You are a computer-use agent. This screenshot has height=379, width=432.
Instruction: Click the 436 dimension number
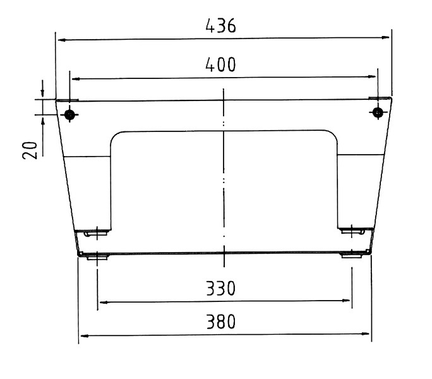(x=220, y=26)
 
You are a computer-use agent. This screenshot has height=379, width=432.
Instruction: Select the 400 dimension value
(x=220, y=65)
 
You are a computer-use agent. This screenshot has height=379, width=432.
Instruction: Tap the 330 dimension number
(x=220, y=288)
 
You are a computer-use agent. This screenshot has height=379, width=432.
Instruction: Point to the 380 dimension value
(x=221, y=322)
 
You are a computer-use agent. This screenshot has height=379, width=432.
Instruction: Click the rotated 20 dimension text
(x=30, y=150)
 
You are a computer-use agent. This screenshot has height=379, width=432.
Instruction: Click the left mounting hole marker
(x=69, y=114)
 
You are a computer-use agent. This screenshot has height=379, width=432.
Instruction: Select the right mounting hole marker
(x=378, y=112)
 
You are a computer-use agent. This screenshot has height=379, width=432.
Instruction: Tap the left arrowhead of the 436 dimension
(x=62, y=40)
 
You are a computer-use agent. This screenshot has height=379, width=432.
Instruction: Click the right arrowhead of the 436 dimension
(x=386, y=37)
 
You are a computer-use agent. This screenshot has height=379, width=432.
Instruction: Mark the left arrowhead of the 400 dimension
(x=76, y=79)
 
